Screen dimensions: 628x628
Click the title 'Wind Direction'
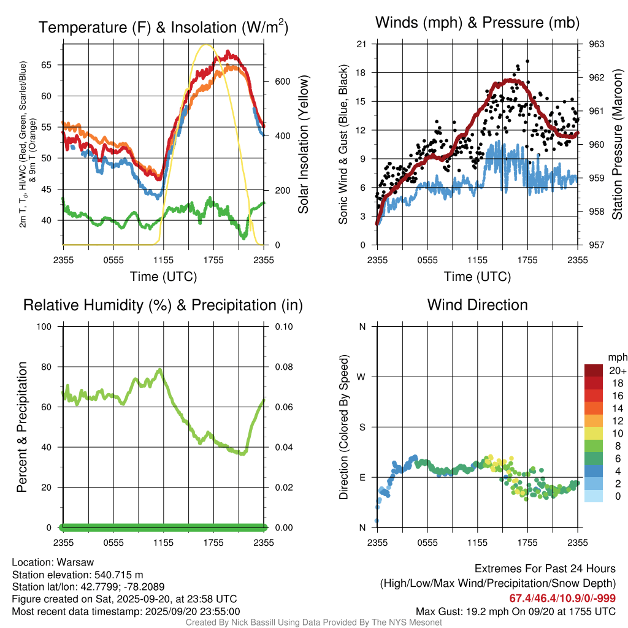[477, 305]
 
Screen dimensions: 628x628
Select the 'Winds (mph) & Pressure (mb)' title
[477, 23]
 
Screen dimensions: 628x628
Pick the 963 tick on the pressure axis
[597, 44]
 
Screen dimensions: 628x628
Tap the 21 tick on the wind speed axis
[361, 44]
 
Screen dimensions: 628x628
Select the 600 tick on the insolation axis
[281, 81]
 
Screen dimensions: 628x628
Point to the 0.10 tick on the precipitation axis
[282, 326]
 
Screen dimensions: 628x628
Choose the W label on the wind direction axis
[362, 377]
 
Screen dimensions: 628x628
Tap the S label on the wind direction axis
[362, 427]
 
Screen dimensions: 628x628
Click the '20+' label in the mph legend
[617, 370]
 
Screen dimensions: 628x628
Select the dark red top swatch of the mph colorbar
[594, 370]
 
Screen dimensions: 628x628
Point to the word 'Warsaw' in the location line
[75, 562]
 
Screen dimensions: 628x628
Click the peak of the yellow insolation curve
[207, 45]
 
